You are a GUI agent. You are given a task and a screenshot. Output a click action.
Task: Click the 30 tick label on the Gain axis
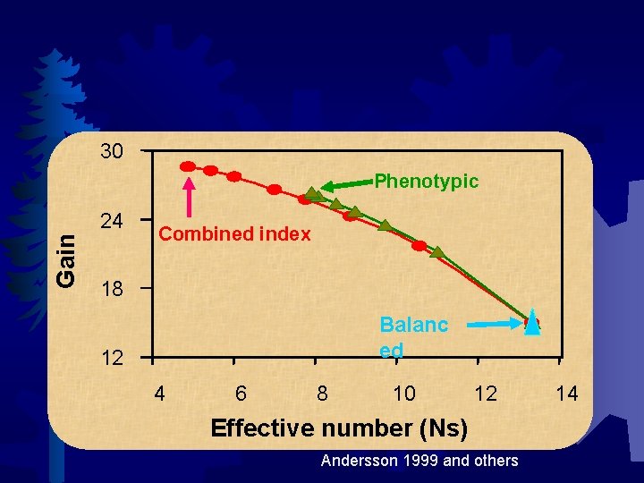tap(112, 151)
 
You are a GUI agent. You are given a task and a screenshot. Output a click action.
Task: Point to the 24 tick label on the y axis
tap(112, 220)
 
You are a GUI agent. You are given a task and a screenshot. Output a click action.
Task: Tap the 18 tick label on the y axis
tap(112, 290)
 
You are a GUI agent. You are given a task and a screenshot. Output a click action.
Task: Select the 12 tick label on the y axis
tap(112, 360)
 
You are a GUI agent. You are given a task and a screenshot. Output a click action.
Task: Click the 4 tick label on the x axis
tap(159, 393)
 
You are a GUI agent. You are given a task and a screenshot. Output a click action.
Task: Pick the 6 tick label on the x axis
tap(241, 393)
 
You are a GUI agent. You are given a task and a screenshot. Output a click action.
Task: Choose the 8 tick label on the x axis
tap(322, 393)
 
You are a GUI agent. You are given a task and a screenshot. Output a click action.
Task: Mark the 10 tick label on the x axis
tap(403, 393)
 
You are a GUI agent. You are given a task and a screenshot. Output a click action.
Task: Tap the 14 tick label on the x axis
tap(567, 393)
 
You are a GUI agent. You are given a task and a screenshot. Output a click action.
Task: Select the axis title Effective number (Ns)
tap(338, 428)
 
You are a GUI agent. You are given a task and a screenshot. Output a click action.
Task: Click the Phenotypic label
tap(426, 182)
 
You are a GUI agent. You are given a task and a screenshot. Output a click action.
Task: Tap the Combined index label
tap(234, 234)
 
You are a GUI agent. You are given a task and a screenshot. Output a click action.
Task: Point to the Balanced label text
tap(413, 336)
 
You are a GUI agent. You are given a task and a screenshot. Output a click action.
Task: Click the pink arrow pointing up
tap(190, 199)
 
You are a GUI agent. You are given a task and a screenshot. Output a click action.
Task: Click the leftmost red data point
tap(188, 166)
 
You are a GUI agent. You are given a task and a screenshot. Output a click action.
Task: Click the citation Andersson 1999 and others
tap(419, 461)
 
